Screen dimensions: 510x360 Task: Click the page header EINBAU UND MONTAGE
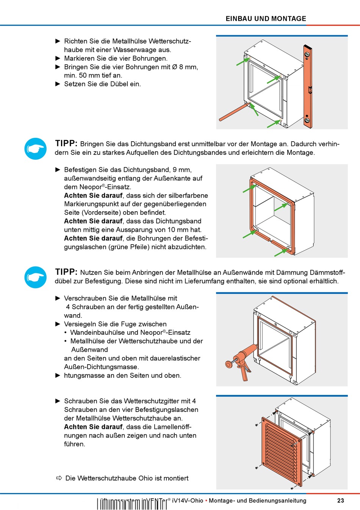tap(266, 19)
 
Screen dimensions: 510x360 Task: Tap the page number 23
tap(340, 501)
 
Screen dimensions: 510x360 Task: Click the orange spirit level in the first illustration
tap(307, 86)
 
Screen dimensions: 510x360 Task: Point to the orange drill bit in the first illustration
tap(233, 112)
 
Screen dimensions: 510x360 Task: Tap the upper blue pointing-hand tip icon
tap(36, 148)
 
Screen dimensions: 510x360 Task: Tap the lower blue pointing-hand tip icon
tap(36, 277)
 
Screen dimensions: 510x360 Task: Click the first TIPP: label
tap(66, 143)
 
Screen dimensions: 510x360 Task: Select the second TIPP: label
tap(66, 272)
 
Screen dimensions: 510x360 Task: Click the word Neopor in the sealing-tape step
tap(91, 187)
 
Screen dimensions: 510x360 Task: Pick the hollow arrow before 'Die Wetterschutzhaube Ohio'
tap(59, 478)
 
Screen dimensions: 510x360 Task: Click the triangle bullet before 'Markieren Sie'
tap(58, 58)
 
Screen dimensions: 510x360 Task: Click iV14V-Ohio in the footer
tap(187, 501)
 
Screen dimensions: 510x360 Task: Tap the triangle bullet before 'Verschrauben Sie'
tap(58, 298)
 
